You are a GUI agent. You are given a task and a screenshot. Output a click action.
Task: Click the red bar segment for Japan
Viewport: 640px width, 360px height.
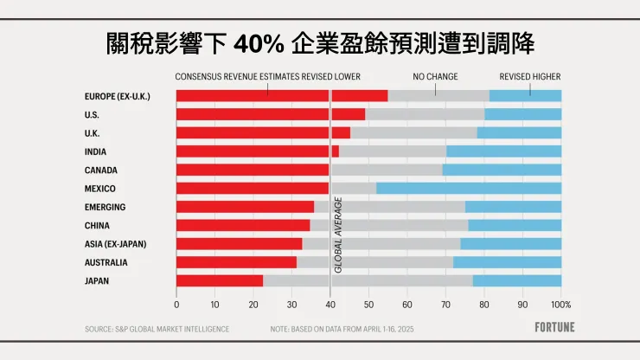[x=219, y=280]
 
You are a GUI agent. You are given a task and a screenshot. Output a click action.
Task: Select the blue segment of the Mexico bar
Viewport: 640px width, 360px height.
[x=469, y=188]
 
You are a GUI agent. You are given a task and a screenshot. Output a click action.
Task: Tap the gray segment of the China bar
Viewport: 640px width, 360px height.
[x=389, y=225]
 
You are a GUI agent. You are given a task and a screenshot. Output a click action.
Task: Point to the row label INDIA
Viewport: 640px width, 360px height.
[x=96, y=151]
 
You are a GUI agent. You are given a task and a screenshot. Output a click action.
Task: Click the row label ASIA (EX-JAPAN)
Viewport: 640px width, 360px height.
[x=115, y=244]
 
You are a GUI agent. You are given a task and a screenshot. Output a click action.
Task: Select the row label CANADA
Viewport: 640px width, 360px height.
[x=101, y=170]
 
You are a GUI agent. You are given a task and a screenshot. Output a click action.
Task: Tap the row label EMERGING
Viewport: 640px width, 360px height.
[x=105, y=207]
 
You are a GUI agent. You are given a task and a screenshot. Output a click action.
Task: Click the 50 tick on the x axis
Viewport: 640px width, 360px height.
[x=368, y=305]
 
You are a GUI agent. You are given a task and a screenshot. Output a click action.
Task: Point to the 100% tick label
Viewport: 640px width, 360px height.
[x=560, y=305]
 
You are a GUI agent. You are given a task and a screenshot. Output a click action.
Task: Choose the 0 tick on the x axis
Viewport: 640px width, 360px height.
[x=176, y=305]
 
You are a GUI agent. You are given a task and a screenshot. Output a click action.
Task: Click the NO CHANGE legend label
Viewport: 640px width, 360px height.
[x=435, y=76]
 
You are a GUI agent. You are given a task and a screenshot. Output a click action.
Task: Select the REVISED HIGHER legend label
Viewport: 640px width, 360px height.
[x=529, y=76]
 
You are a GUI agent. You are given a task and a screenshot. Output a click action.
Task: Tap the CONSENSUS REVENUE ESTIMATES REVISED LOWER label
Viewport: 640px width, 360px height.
[x=267, y=76]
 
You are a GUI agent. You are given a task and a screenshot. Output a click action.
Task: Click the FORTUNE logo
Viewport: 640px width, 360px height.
[x=549, y=328]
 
